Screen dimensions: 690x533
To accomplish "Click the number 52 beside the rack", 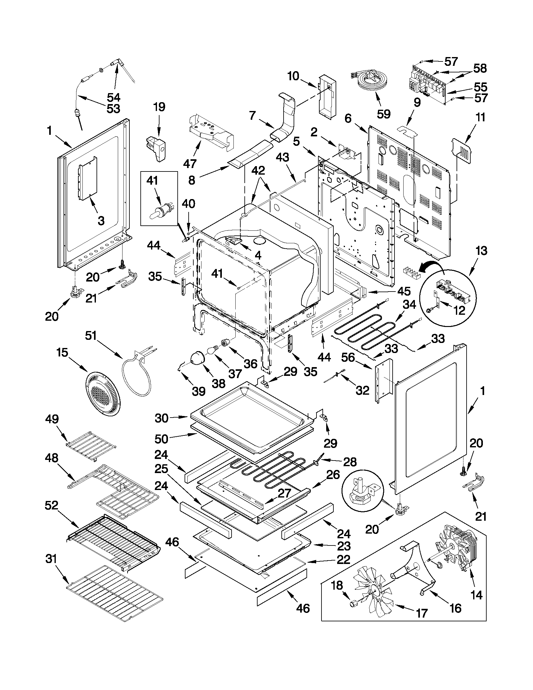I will [x=51, y=505].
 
